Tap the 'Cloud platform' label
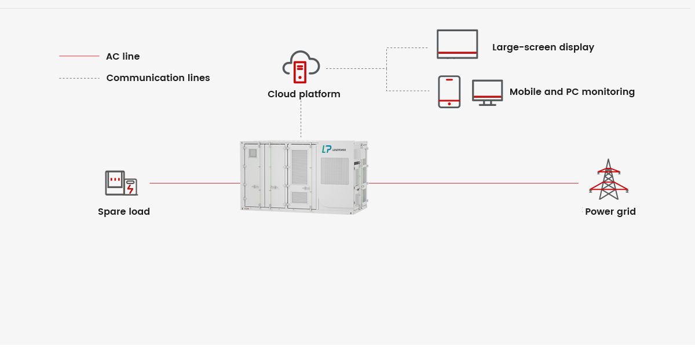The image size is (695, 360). coord(303,94)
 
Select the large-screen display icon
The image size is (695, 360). coord(457,44)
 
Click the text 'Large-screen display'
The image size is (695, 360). coord(543,47)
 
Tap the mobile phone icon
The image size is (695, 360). coord(449,91)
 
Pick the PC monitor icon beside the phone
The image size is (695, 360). coord(487,92)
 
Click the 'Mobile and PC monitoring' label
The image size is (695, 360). coord(572,91)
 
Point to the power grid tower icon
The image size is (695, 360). coord(608,179)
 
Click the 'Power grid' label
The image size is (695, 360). coord(610,212)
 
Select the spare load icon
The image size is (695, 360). coord(120,183)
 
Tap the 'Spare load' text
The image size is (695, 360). coord(124,212)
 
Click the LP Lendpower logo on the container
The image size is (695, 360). coord(334,149)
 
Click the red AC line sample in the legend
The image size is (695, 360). coord(79,56)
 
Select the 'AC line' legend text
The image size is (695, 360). coord(123,57)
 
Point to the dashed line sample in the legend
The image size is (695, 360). coord(79,78)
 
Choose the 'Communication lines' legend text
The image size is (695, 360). coord(158,78)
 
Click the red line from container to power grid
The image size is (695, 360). coord(472,183)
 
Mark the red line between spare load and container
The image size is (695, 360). coord(195,183)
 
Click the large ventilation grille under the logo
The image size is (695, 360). coord(335,171)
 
